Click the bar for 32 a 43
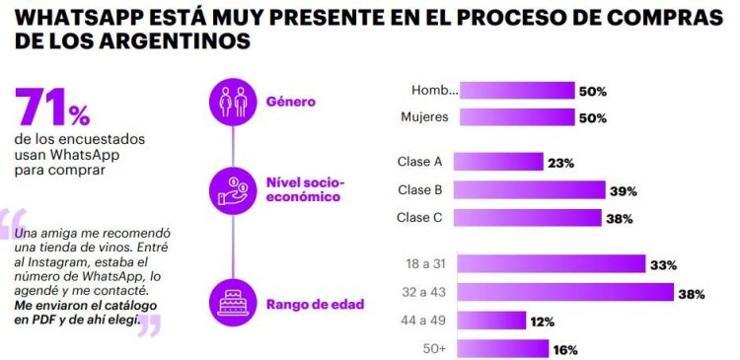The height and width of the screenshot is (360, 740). pyautogui.click(x=567, y=293)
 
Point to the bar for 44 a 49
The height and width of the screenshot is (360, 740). pyautogui.click(x=493, y=321)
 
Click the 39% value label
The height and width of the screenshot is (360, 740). pyautogui.click(x=624, y=190)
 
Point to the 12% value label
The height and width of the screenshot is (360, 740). pyautogui.click(x=542, y=322)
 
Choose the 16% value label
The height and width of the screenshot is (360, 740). pyautogui.click(x=565, y=349)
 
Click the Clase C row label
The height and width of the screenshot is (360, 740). pyautogui.click(x=420, y=218)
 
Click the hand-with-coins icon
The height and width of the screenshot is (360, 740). pyautogui.click(x=232, y=188)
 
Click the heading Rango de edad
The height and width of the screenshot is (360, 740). pyautogui.click(x=315, y=304)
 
